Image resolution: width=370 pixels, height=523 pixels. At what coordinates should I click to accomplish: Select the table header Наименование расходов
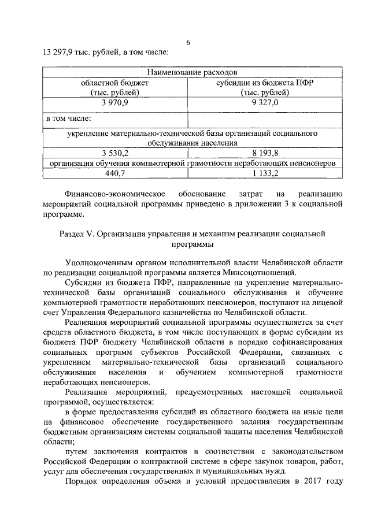(191, 73)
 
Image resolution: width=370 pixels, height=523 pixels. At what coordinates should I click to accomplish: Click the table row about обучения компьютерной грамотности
(191, 163)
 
